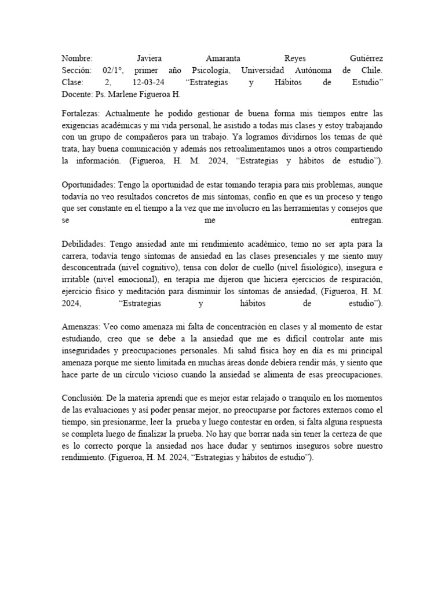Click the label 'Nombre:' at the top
pyautogui.click(x=77, y=59)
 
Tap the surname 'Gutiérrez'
pyautogui.click(x=366, y=59)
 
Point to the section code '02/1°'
pyautogui.click(x=109, y=71)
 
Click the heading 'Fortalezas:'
pyautogui.click(x=82, y=114)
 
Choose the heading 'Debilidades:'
pyautogui.click(x=83, y=244)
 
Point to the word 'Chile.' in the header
pyautogui.click(x=371, y=71)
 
